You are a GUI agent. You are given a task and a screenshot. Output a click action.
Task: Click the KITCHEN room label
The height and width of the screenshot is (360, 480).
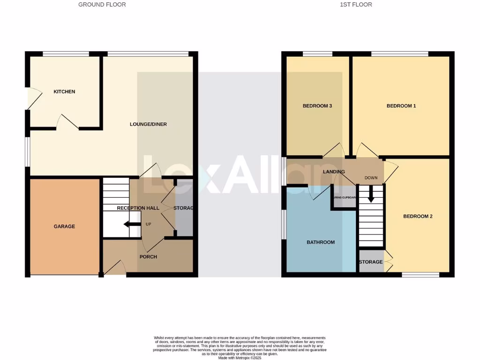[64, 91]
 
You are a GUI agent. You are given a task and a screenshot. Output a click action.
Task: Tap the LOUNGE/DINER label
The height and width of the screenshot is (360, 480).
[148, 124]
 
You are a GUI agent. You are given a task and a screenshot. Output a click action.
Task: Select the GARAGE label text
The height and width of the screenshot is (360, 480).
[64, 226]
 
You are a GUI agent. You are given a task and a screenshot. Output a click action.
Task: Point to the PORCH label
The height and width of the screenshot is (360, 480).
[148, 256]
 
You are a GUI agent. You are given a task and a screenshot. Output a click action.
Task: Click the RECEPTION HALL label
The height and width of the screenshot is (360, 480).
[138, 208]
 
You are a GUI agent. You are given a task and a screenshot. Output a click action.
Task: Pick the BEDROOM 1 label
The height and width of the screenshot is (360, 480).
[401, 106]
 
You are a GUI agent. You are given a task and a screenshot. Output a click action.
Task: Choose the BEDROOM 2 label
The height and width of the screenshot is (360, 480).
[418, 217]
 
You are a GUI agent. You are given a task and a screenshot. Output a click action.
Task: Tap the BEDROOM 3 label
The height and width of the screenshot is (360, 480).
[317, 106]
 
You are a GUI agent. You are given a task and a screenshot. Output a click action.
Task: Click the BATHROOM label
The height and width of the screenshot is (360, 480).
[321, 242]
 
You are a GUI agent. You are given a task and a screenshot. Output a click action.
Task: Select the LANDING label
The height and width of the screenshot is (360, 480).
[334, 172]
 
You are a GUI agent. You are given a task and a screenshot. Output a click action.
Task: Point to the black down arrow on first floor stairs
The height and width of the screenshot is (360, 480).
[371, 194]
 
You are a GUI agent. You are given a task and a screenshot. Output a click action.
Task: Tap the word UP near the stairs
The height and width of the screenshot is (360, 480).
[149, 224]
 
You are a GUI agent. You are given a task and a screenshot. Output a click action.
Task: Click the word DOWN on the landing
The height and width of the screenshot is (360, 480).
[371, 178]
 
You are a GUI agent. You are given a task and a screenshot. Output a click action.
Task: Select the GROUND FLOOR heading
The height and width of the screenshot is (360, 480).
[102, 5]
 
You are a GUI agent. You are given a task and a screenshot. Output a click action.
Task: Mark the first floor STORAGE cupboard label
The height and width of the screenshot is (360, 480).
[371, 262]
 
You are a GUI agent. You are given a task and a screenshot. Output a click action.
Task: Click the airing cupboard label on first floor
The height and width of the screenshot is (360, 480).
[345, 197]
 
